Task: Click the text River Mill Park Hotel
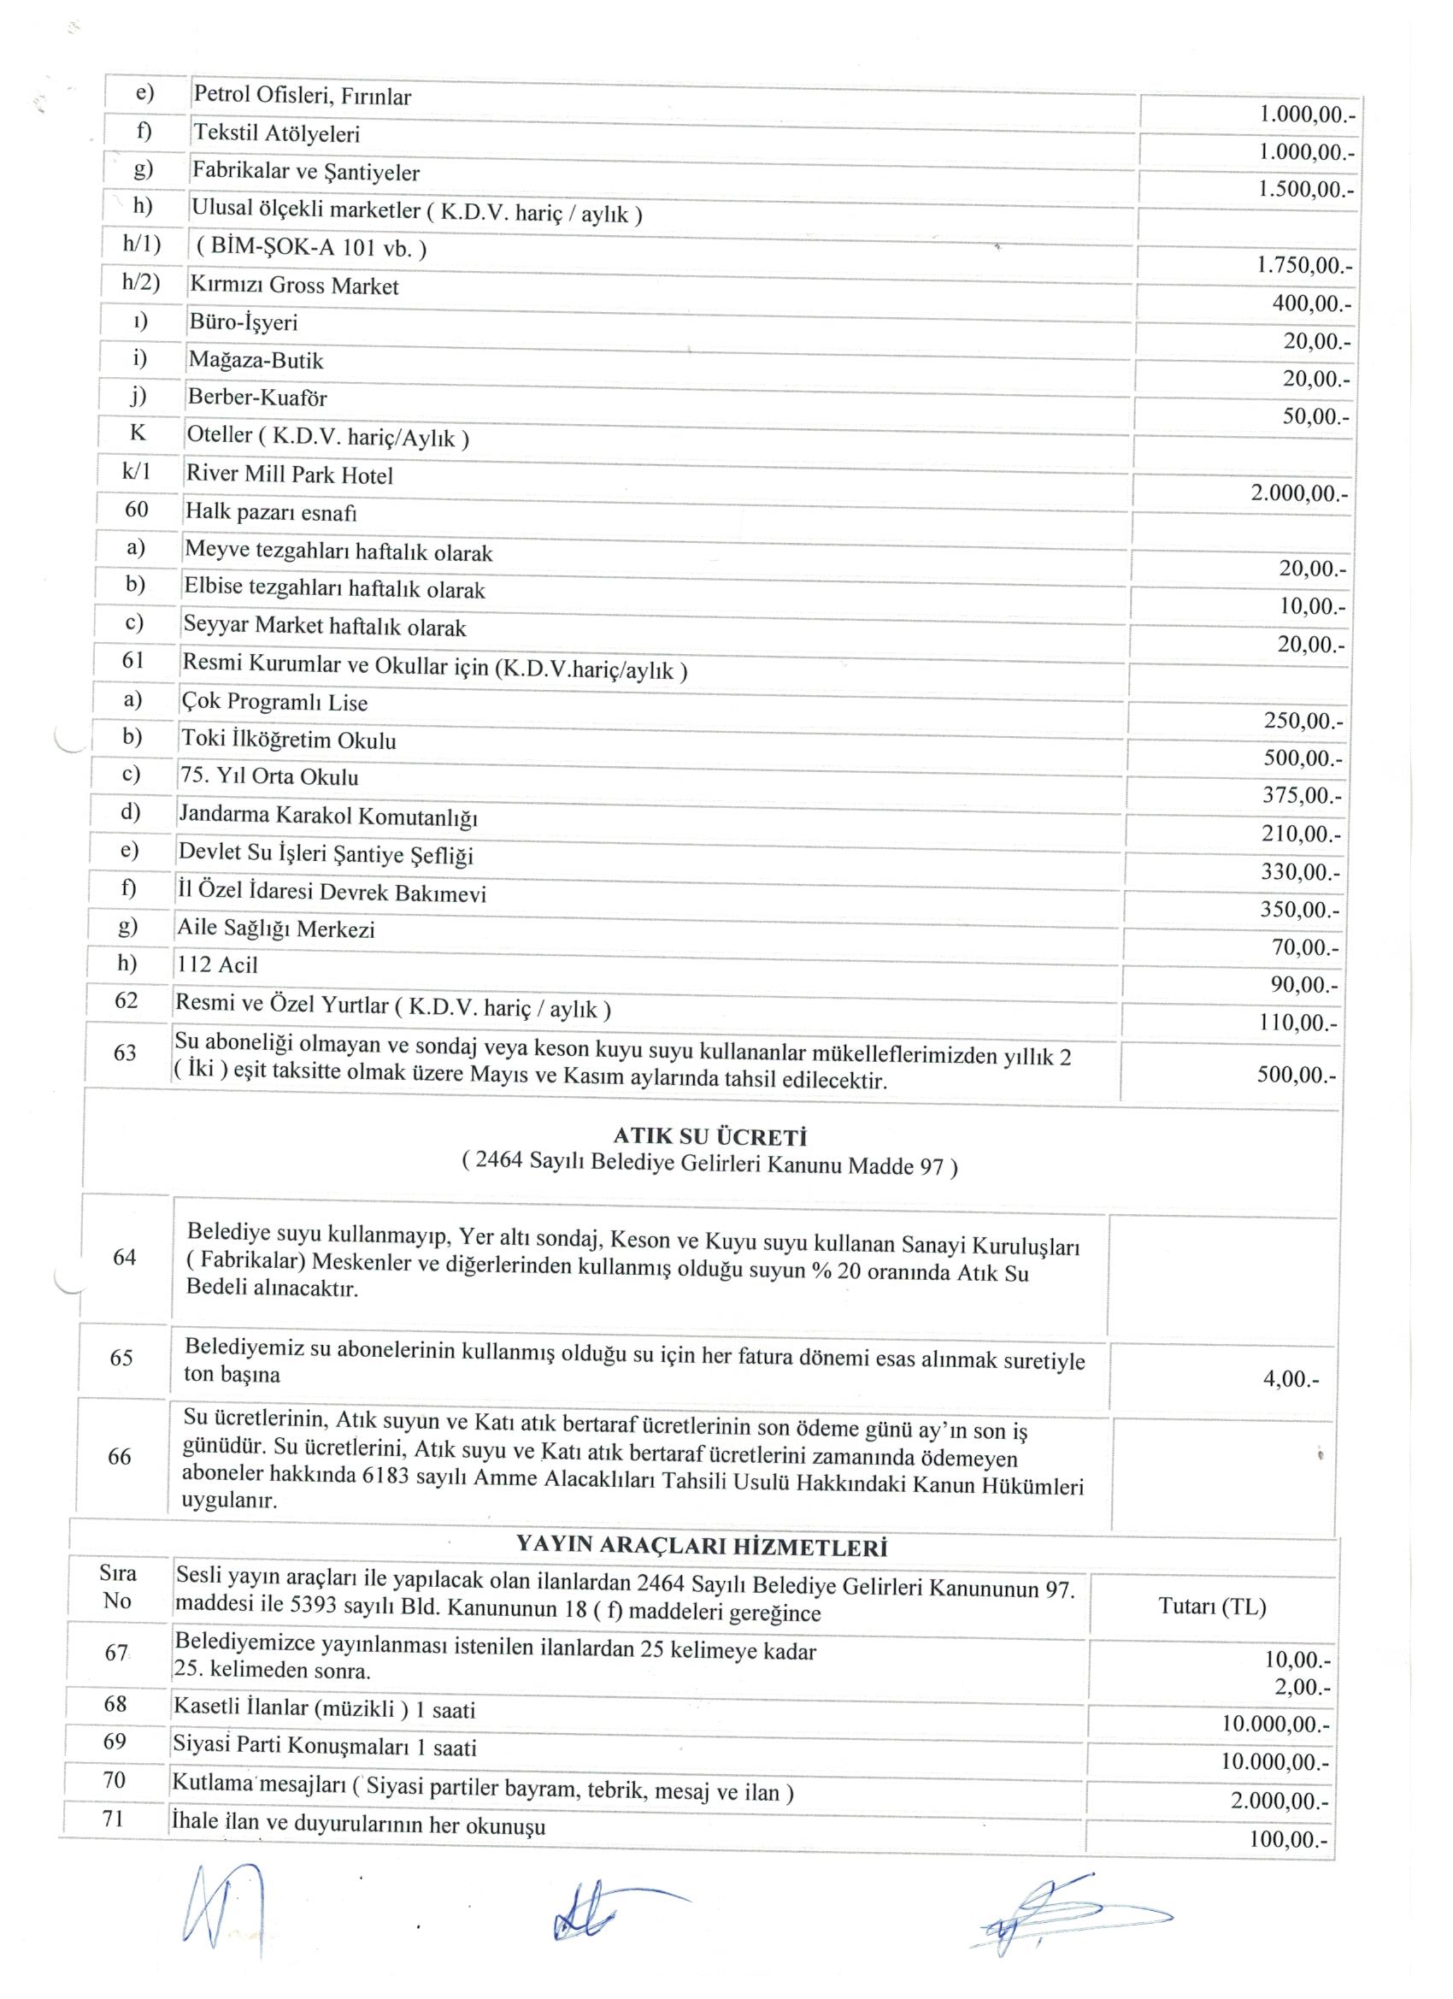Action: click(x=289, y=475)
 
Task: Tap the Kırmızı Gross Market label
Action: click(x=293, y=286)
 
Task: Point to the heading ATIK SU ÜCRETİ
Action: click(x=709, y=1137)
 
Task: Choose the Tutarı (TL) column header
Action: click(x=1212, y=1606)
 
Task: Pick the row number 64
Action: click(x=125, y=1257)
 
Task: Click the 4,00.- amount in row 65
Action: click(x=1291, y=1379)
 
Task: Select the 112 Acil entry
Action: click(x=218, y=964)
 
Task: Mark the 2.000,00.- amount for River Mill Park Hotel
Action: click(x=1299, y=493)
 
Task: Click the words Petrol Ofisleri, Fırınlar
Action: click(x=303, y=95)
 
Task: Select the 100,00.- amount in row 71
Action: click(x=1289, y=1838)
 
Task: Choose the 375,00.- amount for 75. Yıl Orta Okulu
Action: click(x=1302, y=796)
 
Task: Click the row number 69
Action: click(x=115, y=1741)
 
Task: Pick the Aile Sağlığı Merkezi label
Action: click(x=276, y=929)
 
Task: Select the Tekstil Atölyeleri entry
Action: click(x=277, y=134)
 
